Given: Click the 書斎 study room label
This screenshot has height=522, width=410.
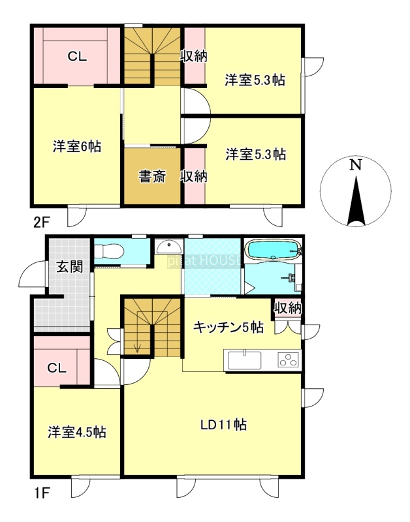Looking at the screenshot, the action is tap(152, 176).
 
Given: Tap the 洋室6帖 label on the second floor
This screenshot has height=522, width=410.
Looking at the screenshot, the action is tap(77, 146).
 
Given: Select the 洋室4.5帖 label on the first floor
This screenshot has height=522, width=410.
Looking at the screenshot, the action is tap(77, 432).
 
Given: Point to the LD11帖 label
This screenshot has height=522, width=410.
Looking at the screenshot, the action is tap(223, 425).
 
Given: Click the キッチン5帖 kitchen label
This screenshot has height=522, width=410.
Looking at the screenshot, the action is tap(229, 328).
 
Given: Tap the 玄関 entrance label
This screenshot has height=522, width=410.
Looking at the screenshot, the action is tap(69, 267).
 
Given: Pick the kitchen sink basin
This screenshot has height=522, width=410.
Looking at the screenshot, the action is tap(244, 360).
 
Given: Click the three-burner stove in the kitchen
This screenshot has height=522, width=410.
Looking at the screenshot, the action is tap(289, 360).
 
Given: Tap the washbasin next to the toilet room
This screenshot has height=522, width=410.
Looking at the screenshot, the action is tap(169, 247).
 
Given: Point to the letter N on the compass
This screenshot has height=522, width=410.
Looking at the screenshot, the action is tap(356, 165).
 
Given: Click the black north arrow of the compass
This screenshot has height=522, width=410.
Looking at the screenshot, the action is tap(356, 201).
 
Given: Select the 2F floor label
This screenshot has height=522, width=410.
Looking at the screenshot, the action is tap(41, 222).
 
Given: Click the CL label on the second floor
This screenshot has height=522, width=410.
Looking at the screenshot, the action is tap(77, 57).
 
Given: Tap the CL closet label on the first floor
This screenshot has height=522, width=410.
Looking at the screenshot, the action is tap(57, 368).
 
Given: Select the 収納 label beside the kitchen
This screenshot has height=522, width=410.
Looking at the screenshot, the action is tap(288, 308).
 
